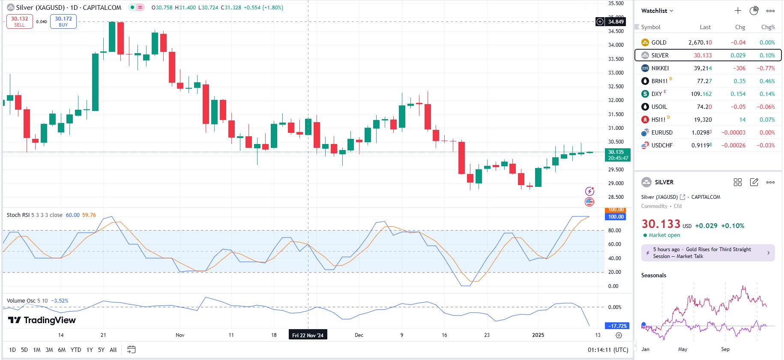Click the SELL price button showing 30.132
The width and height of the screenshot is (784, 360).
click(x=20, y=21)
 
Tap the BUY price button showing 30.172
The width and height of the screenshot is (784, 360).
click(x=63, y=21)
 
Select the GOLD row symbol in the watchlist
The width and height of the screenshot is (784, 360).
click(x=659, y=42)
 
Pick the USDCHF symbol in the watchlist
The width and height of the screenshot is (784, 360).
click(x=662, y=145)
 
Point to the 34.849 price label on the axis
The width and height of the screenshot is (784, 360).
click(x=616, y=22)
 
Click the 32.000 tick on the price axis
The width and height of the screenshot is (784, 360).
click(x=616, y=100)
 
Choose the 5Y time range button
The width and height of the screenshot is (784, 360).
click(x=101, y=350)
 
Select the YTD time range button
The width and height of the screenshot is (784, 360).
click(x=76, y=350)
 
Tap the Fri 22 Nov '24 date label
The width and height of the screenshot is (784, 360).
click(x=308, y=335)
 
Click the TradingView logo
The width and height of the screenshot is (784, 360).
click(x=42, y=320)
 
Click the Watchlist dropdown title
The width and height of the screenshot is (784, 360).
click(x=657, y=11)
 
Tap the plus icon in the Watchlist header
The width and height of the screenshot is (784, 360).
click(x=738, y=11)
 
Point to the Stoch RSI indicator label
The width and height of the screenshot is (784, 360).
click(x=34, y=215)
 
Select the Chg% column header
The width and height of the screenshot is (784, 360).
click(x=768, y=27)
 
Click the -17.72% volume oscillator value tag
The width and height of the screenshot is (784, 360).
click(x=617, y=326)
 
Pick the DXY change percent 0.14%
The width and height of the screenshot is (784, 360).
click(x=767, y=94)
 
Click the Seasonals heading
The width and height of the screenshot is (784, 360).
click(x=653, y=275)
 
